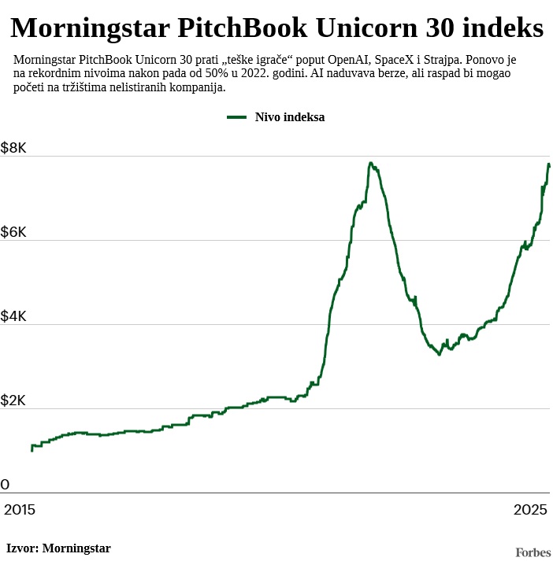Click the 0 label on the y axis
coord(6,485)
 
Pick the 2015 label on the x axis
coord(20,509)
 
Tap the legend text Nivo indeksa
coord(290,117)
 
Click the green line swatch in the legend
coord(237,117)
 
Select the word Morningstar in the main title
coord(89,29)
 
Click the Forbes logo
coord(533,552)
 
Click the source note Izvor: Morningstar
coord(58,548)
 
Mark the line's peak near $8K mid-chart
coord(370,164)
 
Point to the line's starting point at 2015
coord(32,450)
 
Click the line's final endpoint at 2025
coord(549,165)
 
